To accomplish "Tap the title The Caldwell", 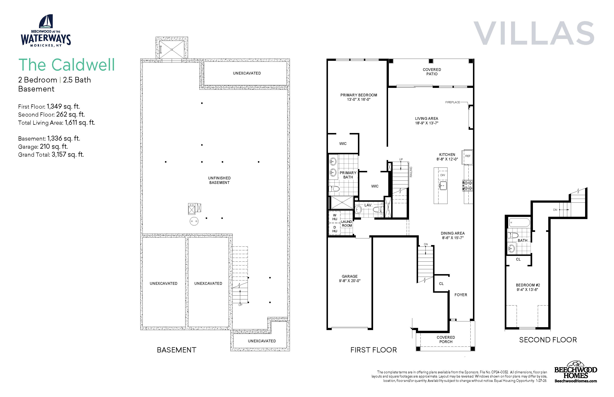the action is tap(67, 65).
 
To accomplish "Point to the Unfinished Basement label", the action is tap(219, 180).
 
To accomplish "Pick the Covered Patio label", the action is tap(432, 72).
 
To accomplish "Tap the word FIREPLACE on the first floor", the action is tap(453, 102).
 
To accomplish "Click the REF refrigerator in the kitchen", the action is tap(468, 156).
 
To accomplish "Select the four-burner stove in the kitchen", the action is tap(468, 185).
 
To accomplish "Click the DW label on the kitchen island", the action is tap(443, 175).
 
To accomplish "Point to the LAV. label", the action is tap(368, 205).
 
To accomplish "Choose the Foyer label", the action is tap(461, 295).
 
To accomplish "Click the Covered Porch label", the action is tap(446, 339).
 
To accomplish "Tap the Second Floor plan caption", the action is tap(548, 340).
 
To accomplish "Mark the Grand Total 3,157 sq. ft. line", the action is tap(51, 155).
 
